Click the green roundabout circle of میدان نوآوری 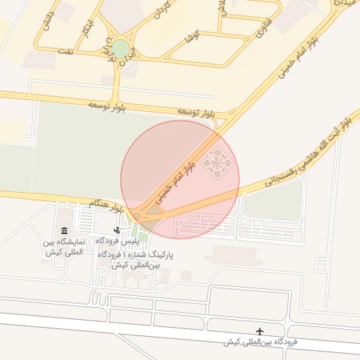coord(122,49)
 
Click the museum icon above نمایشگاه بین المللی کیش coord(65,231)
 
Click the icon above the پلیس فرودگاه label coord(116,231)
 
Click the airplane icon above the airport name coord(261,331)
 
